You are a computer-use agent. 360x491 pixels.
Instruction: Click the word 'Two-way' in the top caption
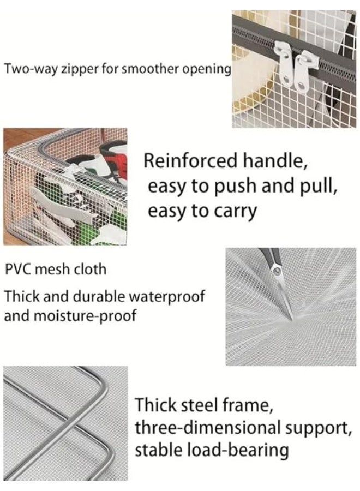[x=31, y=69]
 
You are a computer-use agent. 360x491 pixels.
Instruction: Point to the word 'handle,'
[x=275, y=161]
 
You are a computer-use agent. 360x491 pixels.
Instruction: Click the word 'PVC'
[x=17, y=270]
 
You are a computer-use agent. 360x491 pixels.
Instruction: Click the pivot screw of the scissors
[x=277, y=271]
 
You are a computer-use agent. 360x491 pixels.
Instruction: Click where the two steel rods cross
[x=73, y=422]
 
